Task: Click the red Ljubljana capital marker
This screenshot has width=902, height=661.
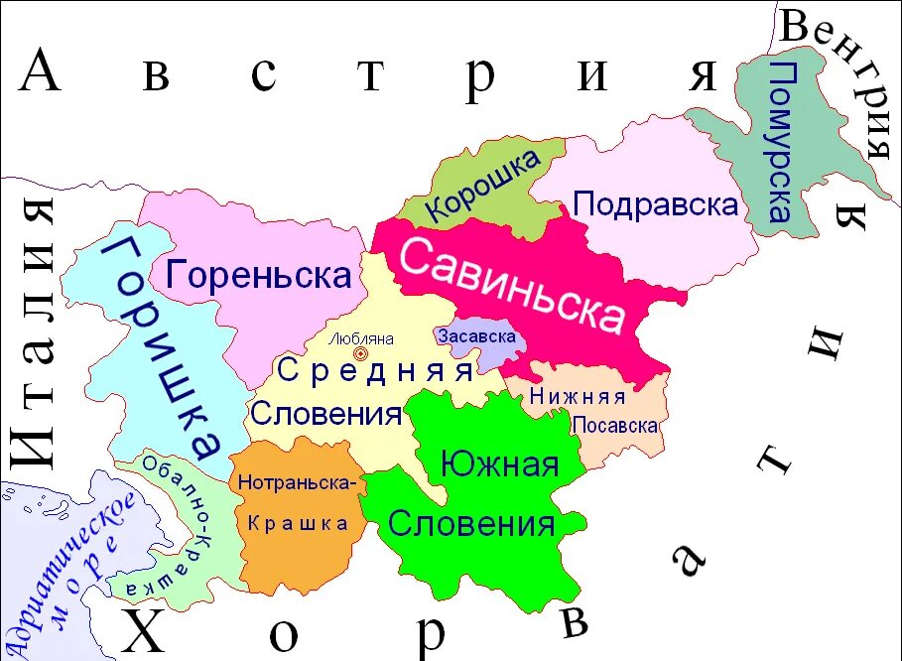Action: tap(360, 353)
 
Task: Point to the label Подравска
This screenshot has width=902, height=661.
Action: tap(656, 204)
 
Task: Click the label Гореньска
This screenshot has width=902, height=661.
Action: tap(259, 274)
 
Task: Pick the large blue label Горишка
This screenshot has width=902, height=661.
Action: tap(165, 347)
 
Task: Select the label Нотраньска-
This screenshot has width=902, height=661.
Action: tap(297, 483)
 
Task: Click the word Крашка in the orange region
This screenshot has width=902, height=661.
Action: tap(297, 523)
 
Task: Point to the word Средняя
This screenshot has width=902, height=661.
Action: tap(375, 371)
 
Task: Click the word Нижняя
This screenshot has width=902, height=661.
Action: tap(577, 397)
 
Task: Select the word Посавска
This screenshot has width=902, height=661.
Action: tap(615, 425)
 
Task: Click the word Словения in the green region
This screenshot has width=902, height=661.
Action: tap(471, 523)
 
